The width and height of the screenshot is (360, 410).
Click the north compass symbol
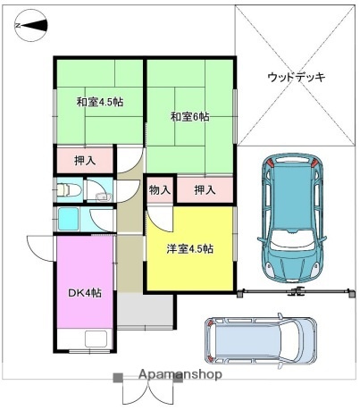[29, 27]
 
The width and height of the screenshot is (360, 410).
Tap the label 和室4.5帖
[99, 102]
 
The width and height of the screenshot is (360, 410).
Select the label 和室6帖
[189, 117]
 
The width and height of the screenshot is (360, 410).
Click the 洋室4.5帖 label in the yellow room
[189, 248]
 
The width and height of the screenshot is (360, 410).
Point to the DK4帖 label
[85, 293]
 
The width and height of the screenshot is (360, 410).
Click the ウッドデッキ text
[296, 78]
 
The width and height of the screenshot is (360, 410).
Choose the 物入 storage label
[159, 189]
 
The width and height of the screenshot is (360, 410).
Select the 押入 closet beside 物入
[205, 189]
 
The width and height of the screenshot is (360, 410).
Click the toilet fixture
[68, 190]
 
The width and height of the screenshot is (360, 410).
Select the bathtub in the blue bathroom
[71, 220]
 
